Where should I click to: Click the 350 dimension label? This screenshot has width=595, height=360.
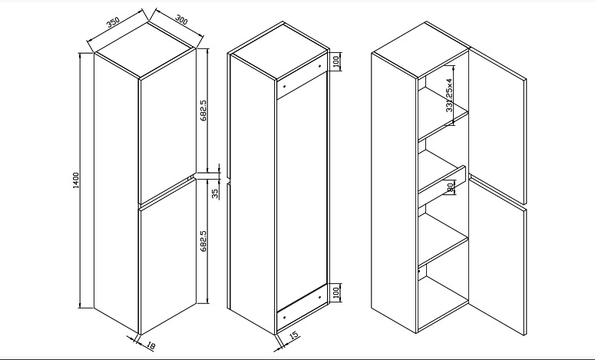[113, 22]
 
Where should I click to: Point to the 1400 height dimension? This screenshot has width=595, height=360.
[76, 180]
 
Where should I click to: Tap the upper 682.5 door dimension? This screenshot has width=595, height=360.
[203, 111]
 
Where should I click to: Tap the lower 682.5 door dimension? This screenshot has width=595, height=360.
[203, 241]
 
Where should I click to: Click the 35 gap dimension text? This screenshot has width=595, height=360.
[215, 194]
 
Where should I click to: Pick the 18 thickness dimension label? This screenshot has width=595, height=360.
[150, 345]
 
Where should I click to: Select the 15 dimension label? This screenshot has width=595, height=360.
[294, 335]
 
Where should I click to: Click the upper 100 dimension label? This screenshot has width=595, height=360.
[336, 61]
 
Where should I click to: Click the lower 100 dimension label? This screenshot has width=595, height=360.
[336, 292]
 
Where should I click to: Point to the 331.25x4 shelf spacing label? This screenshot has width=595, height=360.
[449, 95]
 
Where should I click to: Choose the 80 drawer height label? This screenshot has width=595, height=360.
[451, 187]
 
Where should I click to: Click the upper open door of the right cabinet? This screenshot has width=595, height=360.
[497, 125]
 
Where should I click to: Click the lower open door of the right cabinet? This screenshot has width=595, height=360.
[497, 255]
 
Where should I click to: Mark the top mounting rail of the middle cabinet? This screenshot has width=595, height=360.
[302, 77]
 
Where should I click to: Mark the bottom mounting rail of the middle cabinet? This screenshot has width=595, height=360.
[302, 307]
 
